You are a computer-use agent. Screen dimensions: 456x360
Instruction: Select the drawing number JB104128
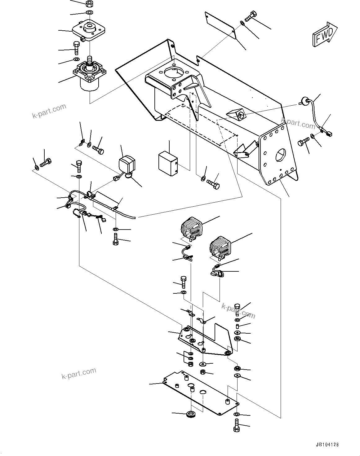click(327, 444)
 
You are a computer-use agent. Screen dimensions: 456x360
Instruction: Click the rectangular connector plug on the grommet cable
click(329, 134)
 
